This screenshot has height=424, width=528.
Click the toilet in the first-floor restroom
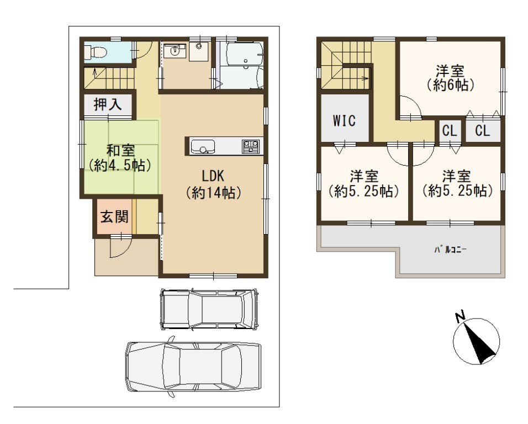(96, 52)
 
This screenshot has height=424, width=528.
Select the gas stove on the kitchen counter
(251, 146)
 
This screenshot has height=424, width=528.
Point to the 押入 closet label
(108, 104)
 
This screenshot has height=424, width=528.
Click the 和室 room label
(120, 150)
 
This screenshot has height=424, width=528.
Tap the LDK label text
(213, 176)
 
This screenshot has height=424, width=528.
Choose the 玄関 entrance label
(114, 216)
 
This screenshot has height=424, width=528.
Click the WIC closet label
(344, 120)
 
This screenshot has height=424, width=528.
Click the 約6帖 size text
(450, 85)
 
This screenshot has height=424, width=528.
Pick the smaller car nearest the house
(209, 309)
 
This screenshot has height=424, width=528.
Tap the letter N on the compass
(460, 317)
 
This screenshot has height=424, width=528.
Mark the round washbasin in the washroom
(175, 51)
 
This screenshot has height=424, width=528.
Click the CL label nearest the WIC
(450, 130)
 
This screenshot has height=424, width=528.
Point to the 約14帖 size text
(213, 193)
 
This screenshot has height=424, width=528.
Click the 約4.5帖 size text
(119, 166)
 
